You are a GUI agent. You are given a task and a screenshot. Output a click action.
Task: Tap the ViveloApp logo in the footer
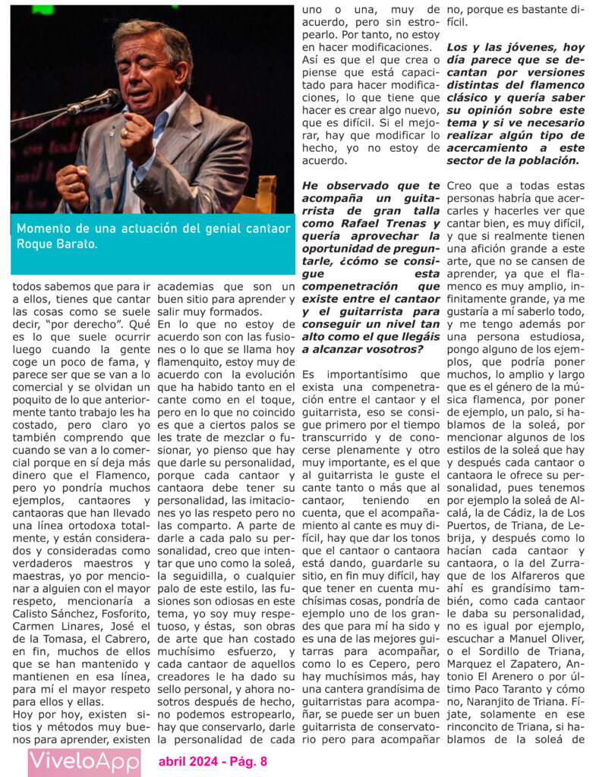tap(84, 761)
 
